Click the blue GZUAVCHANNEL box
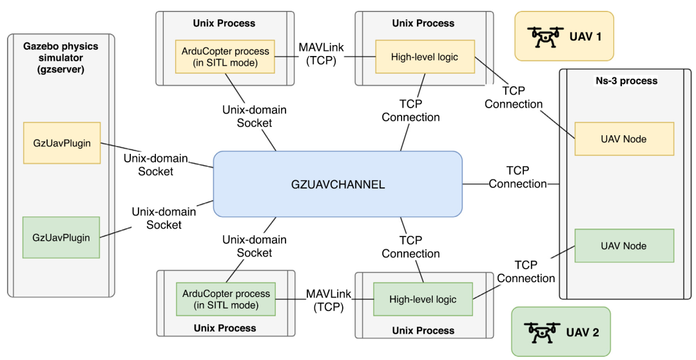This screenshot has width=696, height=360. (338, 184)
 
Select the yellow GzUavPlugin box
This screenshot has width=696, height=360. (62, 143)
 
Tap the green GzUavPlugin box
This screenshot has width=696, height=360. (62, 238)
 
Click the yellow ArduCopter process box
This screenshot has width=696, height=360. (225, 57)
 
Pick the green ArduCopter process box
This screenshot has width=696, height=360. (226, 299)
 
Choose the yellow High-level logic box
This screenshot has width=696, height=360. (424, 57)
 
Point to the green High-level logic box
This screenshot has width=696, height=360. (423, 299)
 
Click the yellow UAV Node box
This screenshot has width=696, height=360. (623, 138)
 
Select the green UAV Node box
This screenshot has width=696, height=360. (623, 246)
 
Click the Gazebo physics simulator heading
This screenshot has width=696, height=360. (62, 57)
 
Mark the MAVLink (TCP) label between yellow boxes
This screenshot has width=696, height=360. (316, 53)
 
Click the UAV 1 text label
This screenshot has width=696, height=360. (585, 37)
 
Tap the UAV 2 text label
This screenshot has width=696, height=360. (583, 333)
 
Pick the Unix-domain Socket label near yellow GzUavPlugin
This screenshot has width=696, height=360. (155, 165)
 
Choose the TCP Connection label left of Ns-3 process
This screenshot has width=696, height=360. (517, 177)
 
